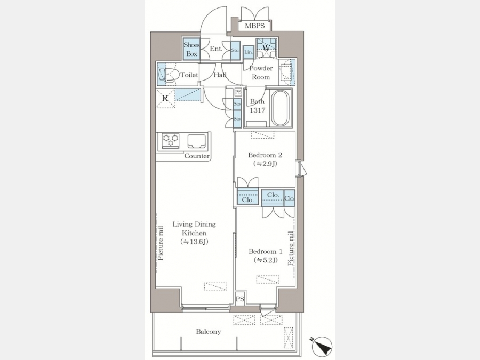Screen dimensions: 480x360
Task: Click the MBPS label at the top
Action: coord(254,26)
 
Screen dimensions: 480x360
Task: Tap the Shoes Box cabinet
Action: coord(191,49)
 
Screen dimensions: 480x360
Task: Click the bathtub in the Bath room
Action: coord(280,108)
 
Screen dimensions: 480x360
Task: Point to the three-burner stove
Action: coord(171,141)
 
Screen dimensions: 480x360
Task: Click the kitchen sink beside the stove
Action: coord(196,141)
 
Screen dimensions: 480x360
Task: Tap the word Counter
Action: coord(197,156)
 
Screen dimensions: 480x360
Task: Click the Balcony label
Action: coord(209,332)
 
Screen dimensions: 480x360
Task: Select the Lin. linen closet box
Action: coord(248,52)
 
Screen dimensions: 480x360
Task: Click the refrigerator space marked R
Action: coord(165,99)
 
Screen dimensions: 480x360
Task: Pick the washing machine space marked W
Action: coord(266,48)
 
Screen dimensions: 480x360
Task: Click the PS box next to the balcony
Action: coord(240,299)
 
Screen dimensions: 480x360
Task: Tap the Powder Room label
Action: coord(261,73)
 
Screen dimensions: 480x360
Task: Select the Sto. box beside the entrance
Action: coord(235,50)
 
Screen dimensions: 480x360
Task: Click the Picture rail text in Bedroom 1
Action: coord(291,248)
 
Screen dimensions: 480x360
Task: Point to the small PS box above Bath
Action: coord(238,92)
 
